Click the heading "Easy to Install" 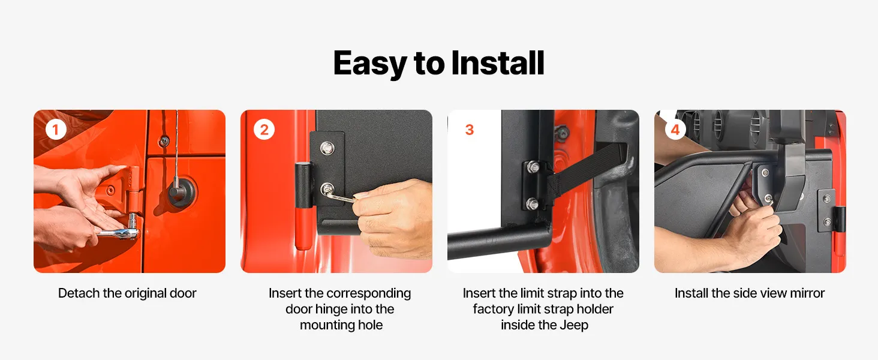coord(438,63)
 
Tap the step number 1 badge coord(56,130)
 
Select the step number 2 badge coord(264,130)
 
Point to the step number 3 coord(470,130)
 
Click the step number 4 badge coord(675,130)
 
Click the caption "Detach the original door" coord(127,293)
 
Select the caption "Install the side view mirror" coord(750,293)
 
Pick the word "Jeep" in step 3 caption coord(574,325)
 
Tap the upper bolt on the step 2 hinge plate coord(326,148)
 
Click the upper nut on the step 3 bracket coord(533,167)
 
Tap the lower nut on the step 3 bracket coord(532,204)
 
